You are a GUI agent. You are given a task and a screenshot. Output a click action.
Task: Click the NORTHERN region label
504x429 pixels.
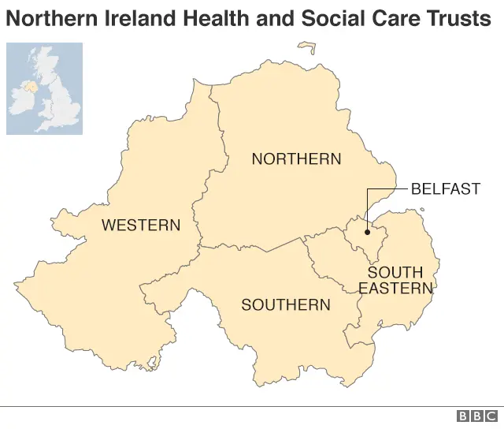coord(296,159)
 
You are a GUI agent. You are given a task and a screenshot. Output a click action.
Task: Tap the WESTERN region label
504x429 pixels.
coord(141,226)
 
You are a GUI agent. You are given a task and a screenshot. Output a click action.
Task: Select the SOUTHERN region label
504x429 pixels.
coord(286,304)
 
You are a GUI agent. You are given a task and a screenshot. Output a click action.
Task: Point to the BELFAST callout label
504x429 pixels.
coord(445,189)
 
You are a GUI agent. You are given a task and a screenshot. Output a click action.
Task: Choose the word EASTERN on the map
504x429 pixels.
coord(396,289)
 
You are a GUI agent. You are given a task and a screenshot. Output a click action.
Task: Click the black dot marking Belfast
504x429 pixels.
coord(368,232)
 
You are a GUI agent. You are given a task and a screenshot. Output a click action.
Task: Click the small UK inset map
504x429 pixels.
coord(44,88)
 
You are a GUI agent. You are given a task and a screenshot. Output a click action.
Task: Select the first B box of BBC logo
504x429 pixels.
coord(463,416)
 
